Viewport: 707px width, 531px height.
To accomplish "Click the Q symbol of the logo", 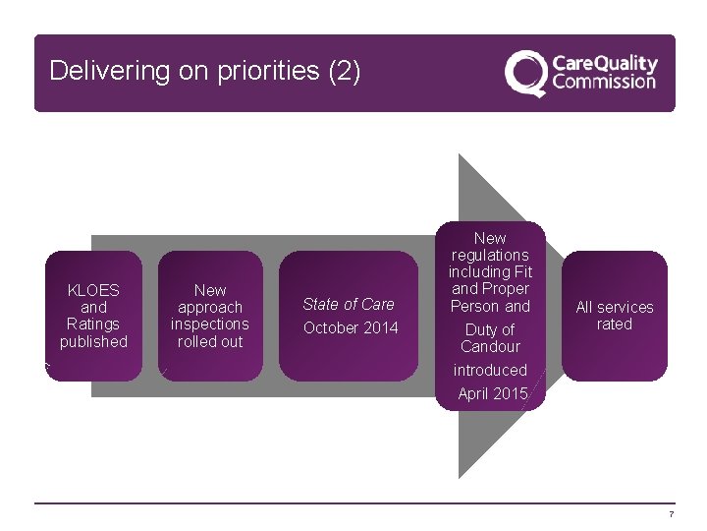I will pyautogui.click(x=525, y=74).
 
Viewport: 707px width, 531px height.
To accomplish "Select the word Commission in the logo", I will pyautogui.click(x=603, y=82).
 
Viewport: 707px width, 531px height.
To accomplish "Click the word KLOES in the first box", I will pyautogui.click(x=93, y=290).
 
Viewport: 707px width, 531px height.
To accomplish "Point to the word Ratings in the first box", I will pyautogui.click(x=93, y=324).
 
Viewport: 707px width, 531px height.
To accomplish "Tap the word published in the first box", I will pyautogui.click(x=93, y=342).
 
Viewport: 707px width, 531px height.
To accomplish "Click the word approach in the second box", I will pyautogui.click(x=210, y=308).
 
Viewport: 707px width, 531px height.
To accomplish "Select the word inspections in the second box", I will pyautogui.click(x=210, y=324).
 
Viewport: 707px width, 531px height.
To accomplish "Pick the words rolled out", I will pyautogui.click(x=210, y=342).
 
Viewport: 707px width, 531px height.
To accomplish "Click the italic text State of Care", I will pyautogui.click(x=349, y=305).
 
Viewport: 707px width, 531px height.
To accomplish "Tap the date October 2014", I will pyautogui.click(x=351, y=328).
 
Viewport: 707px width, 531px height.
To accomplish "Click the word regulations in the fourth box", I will pyautogui.click(x=490, y=256).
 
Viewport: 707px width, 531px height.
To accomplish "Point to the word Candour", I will pyautogui.click(x=490, y=347).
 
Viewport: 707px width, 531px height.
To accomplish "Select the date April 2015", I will pyautogui.click(x=493, y=393).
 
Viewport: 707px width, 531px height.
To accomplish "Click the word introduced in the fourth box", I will pyautogui.click(x=490, y=371).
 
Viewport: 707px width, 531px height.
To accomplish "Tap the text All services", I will pyautogui.click(x=615, y=308).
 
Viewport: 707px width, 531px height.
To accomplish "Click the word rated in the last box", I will pyautogui.click(x=615, y=324).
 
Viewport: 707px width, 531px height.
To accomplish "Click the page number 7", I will pyautogui.click(x=671, y=515).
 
